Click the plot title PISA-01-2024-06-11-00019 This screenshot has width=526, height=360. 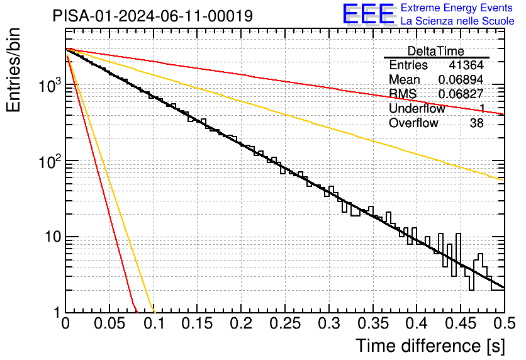point(153,16)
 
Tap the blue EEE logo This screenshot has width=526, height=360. point(368,14)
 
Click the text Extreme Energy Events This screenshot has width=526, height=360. point(457,8)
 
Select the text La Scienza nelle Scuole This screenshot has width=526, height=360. point(457,21)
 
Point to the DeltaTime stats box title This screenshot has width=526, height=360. point(436,52)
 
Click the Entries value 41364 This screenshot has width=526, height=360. point(466,65)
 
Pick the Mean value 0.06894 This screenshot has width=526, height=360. point(461,79)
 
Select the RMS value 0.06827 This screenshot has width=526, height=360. point(461,94)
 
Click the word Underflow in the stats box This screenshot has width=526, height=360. point(417,108)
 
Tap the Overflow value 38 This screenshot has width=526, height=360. point(477,123)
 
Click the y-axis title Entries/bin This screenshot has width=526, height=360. point(13,70)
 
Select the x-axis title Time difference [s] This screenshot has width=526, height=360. point(430,346)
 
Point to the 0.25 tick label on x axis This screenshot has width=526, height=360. point(285,323)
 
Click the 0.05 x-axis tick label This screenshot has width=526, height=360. point(109,323)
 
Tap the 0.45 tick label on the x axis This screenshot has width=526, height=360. point(461,323)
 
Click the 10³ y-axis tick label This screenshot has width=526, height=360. point(50,85)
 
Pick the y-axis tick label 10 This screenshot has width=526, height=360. point(53,237)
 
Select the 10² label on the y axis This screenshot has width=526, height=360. point(50,161)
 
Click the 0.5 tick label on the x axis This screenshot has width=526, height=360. point(504,323)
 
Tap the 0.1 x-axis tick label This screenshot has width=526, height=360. point(154,323)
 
